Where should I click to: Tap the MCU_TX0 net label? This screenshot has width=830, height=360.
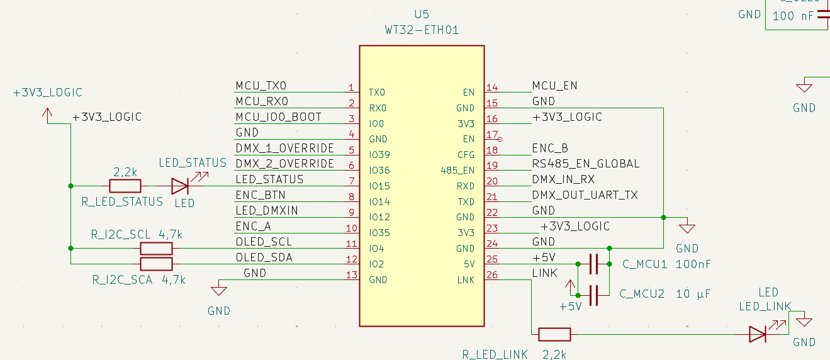tap(261, 86)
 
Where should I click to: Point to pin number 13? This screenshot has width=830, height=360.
tap(351, 275)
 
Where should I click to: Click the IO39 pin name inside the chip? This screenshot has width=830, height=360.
tap(379, 155)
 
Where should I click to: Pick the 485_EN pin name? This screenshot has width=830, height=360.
tap(458, 170)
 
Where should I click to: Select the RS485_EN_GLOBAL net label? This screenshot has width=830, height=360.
tap(585, 164)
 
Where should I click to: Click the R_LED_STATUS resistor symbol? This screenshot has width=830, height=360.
tap(125, 186)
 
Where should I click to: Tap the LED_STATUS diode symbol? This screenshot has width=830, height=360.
tap(180, 186)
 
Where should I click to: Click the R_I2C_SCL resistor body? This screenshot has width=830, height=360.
tap(156, 249)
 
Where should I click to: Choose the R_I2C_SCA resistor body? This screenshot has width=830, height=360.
tap(156, 264)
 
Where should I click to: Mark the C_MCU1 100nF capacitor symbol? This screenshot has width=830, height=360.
tap(593, 264)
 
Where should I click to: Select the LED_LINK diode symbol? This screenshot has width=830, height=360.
tap(758, 334)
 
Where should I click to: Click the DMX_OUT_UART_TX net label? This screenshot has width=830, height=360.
tap(585, 195)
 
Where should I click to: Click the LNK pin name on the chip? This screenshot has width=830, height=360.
tap(466, 280)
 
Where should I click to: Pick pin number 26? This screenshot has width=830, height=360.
tap(492, 275)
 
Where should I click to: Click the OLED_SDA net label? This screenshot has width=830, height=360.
tap(264, 257)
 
